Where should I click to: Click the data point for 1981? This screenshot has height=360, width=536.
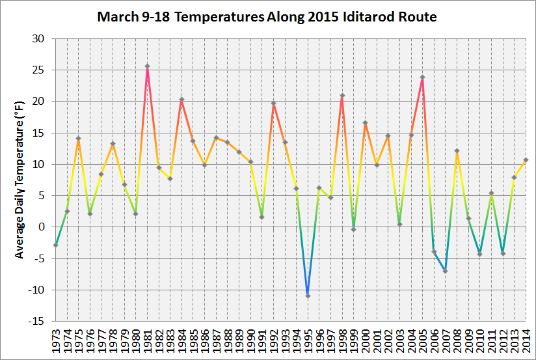click(147, 66)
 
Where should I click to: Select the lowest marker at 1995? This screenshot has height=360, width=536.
click(308, 296)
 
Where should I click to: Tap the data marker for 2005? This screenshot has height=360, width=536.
click(422, 77)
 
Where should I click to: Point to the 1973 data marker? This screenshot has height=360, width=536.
click(56, 245)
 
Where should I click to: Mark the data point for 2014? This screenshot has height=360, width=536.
click(525, 160)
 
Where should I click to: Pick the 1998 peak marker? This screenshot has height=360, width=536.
click(342, 96)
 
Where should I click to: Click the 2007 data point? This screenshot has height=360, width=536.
click(445, 271)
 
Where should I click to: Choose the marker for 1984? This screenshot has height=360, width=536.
click(181, 100)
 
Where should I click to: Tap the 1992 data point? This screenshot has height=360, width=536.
click(273, 104)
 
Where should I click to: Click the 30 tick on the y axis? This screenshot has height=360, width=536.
click(37, 38)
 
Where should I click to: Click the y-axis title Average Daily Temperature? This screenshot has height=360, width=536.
click(20, 180)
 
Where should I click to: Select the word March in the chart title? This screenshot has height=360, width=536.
click(116, 16)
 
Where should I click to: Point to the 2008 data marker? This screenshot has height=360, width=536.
click(457, 151)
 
